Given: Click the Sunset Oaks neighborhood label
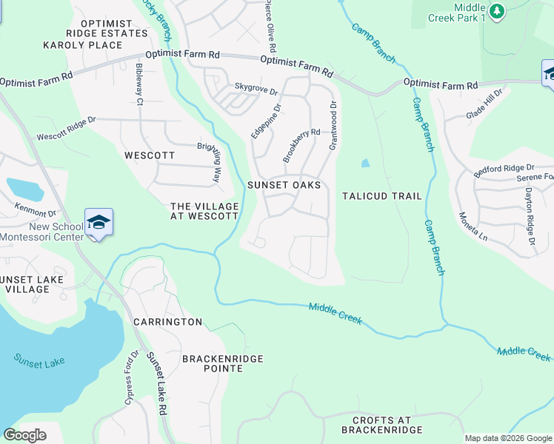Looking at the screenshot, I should [x=284, y=185].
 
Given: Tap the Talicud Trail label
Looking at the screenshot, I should [x=382, y=196].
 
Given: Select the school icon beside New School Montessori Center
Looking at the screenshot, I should [x=99, y=223].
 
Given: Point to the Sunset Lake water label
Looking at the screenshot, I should [x=39, y=361].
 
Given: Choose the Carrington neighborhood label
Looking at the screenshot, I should [x=167, y=322].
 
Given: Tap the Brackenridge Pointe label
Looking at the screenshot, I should [x=222, y=363].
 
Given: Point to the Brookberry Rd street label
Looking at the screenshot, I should [x=301, y=146].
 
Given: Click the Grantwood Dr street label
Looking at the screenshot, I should [x=333, y=122].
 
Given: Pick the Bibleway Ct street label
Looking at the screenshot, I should [x=138, y=84].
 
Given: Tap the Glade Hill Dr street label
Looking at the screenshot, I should [x=484, y=103].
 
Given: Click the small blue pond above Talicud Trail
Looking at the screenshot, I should [x=364, y=164].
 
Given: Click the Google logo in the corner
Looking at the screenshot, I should [x=24, y=435].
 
